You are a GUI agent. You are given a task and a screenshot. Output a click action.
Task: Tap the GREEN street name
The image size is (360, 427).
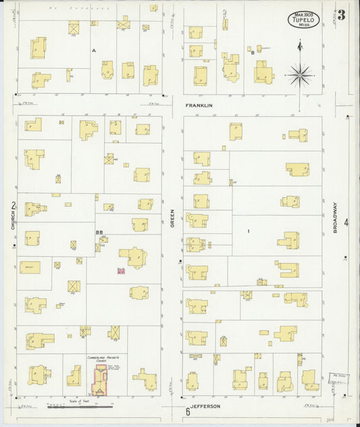(x=172, y=218)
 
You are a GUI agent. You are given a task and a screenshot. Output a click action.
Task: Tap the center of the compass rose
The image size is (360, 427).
(x=299, y=74)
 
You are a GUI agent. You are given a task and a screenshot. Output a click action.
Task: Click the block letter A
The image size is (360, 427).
(x=94, y=51)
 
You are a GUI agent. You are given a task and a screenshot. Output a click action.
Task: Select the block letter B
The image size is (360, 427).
(x=253, y=52)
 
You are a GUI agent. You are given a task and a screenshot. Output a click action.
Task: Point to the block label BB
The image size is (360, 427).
(x=99, y=233)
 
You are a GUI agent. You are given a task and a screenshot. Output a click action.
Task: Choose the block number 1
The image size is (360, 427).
(x=249, y=232)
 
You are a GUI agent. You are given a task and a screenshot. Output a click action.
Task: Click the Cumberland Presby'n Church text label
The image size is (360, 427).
(x=103, y=359)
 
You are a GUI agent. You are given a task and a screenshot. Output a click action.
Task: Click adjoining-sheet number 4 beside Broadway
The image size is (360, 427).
(x=345, y=222)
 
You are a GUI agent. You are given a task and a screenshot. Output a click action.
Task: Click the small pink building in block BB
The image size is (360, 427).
(x=122, y=271)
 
